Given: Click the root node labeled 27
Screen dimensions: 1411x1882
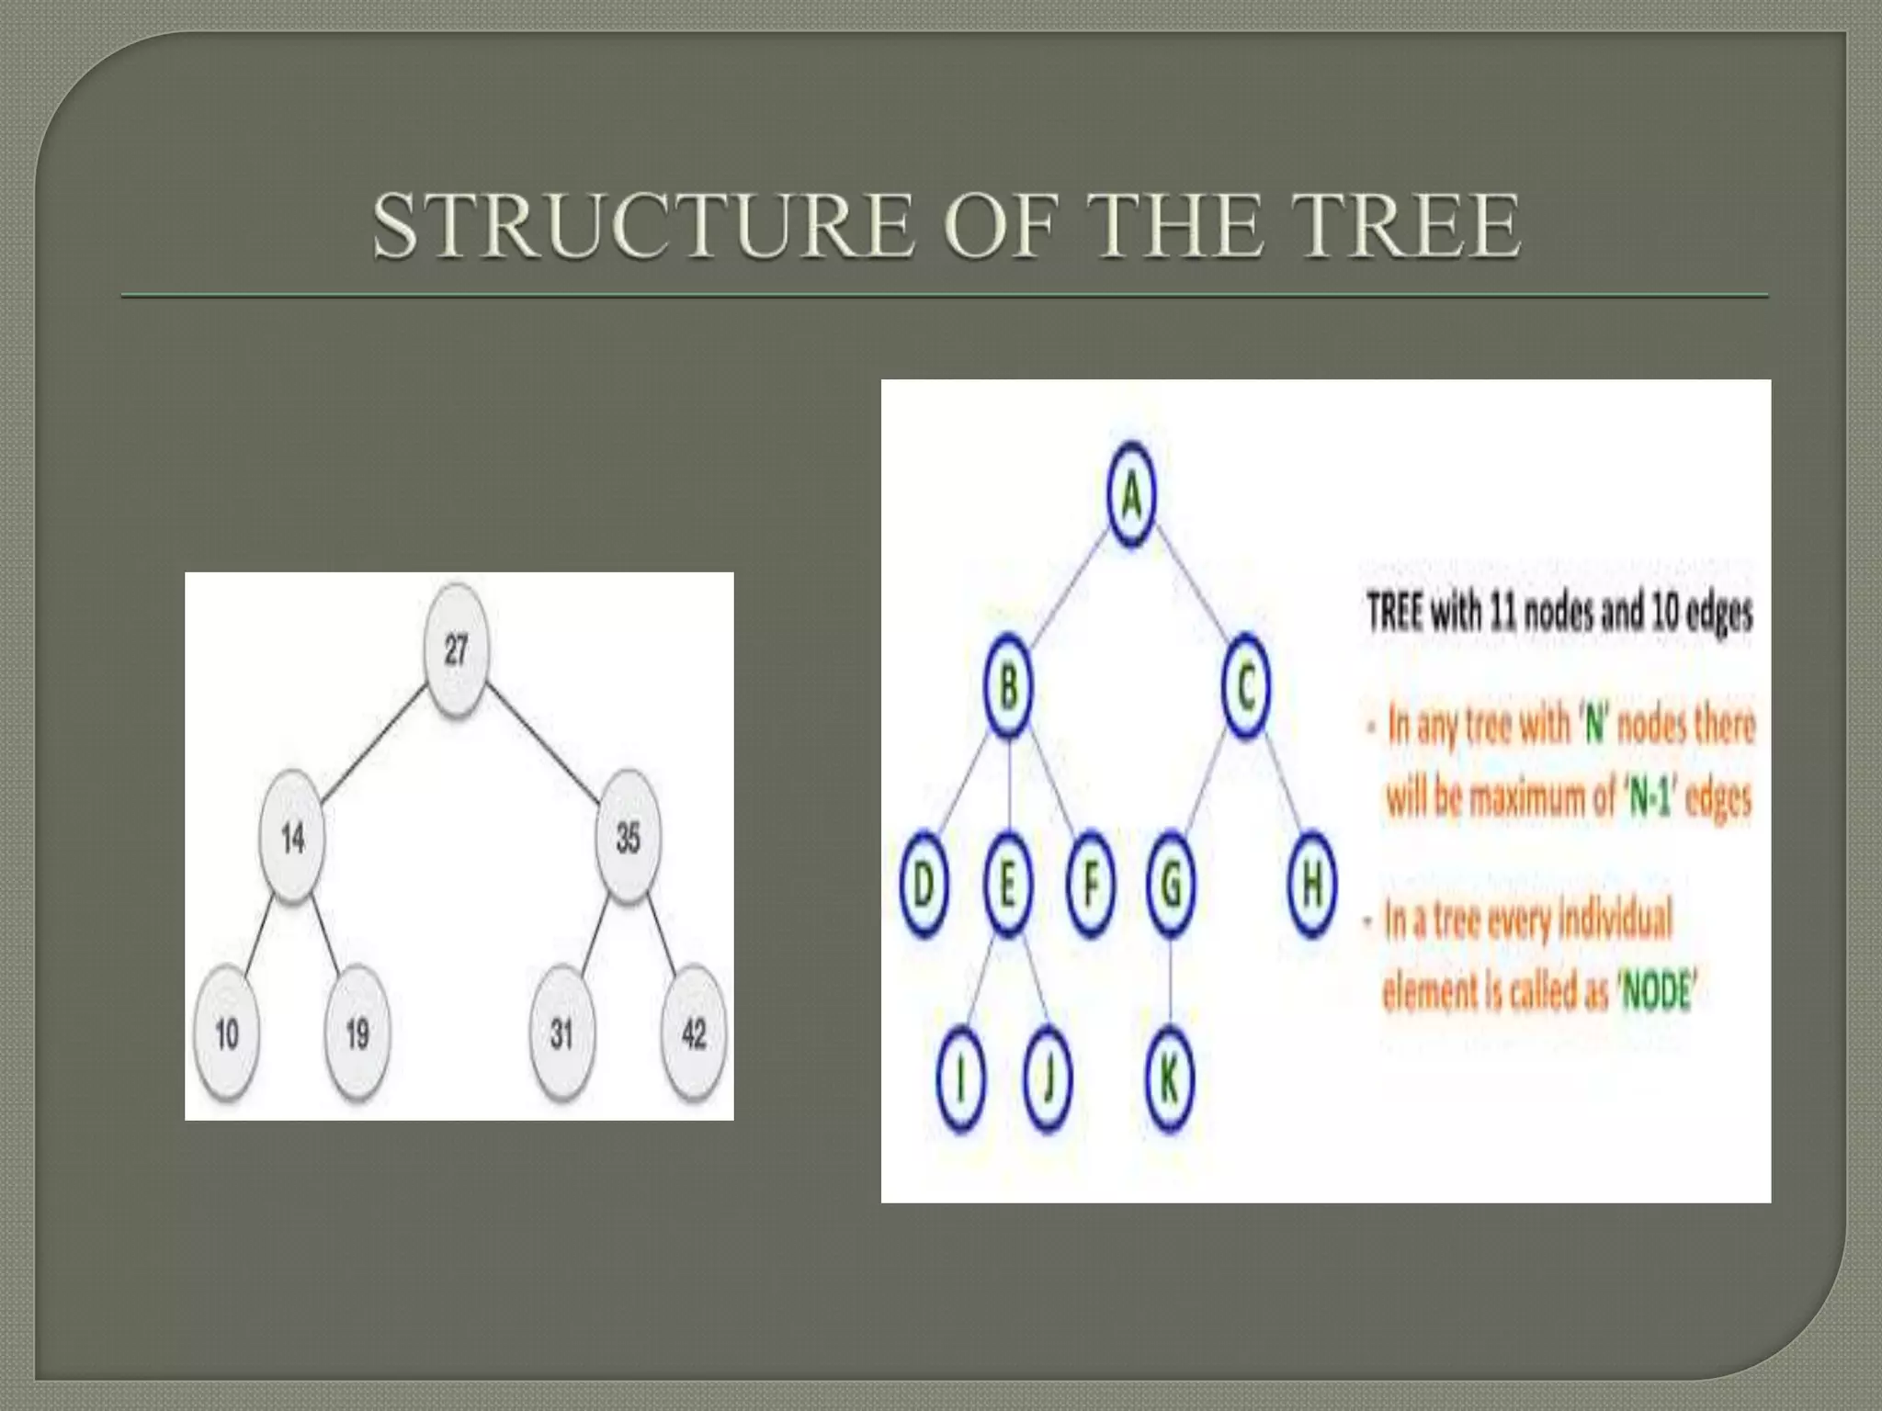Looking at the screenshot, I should [x=456, y=651].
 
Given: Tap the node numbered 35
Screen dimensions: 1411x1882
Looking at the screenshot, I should [x=628, y=838].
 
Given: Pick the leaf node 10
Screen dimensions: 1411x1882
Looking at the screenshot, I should [x=227, y=1035].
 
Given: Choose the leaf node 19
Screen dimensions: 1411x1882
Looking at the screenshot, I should [x=357, y=1035].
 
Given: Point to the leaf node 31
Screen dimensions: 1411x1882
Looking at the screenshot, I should [x=561, y=1035].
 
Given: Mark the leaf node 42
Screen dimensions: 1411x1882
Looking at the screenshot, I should [x=693, y=1035].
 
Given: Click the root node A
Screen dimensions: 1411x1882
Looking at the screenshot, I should [x=1131, y=497].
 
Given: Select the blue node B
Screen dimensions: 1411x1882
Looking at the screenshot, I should [x=1008, y=688].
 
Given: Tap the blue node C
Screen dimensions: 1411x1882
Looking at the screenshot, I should [x=1246, y=688].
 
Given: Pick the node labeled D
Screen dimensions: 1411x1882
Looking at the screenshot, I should [x=924, y=885].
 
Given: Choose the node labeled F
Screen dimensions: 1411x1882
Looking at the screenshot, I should [x=1091, y=885].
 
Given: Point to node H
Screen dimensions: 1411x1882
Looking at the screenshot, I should [x=1311, y=885].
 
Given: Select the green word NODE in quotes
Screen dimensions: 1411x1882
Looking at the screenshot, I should [x=1658, y=993].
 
